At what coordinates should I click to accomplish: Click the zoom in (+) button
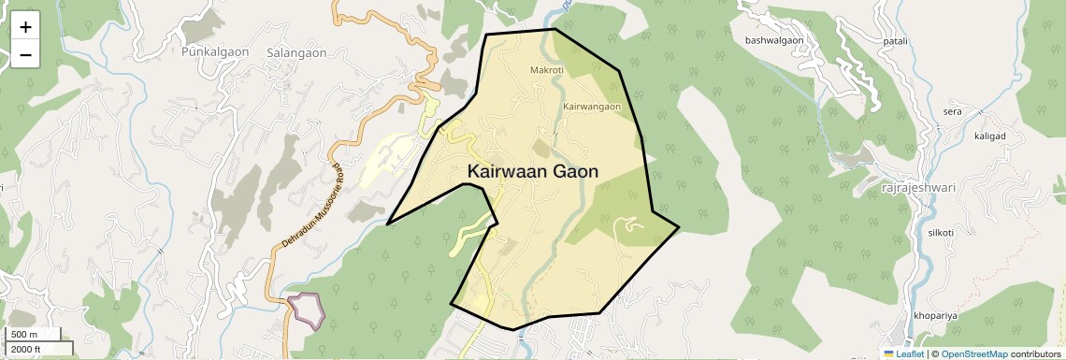[25, 27]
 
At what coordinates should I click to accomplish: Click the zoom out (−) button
[25, 54]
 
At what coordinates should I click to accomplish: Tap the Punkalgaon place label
[216, 52]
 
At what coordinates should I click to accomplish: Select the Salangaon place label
[296, 53]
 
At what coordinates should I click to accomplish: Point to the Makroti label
[547, 70]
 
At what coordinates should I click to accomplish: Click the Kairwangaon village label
[592, 107]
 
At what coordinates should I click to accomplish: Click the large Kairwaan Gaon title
[533, 172]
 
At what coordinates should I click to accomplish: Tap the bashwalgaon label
[774, 40]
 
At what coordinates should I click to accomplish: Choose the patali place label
[895, 40]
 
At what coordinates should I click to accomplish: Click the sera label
[953, 111]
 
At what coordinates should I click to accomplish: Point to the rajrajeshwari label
[918, 188]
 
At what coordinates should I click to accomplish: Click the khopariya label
[936, 315]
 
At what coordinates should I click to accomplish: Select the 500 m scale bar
[34, 335]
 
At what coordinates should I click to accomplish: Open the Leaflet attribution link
[903, 353]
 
